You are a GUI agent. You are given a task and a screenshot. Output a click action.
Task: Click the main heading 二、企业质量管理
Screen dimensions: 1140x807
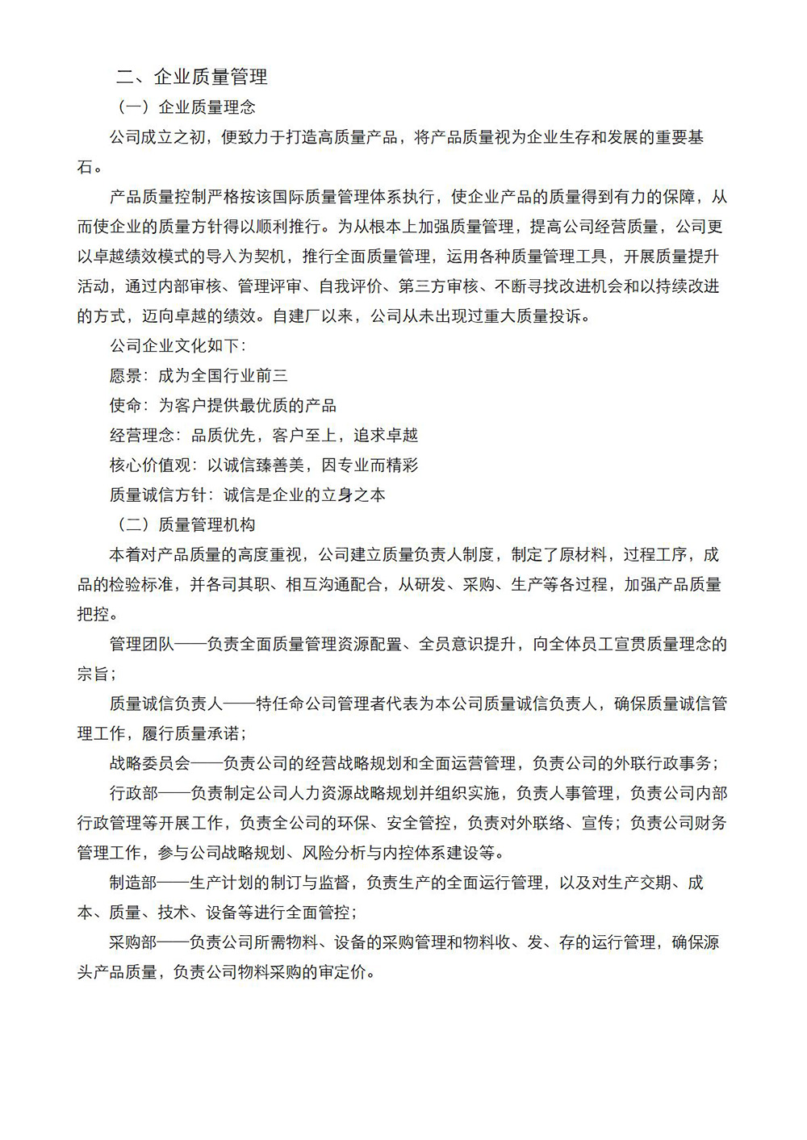192,77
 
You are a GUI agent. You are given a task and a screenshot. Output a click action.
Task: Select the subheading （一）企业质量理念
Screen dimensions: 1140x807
186,107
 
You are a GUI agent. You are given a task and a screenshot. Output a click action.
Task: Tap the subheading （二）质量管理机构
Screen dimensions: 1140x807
186,525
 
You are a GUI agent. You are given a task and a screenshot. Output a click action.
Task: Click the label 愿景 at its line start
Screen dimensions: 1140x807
125,376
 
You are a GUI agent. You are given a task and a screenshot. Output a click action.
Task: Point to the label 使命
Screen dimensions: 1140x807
125,406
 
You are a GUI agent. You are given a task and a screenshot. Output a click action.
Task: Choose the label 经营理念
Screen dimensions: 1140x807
141,436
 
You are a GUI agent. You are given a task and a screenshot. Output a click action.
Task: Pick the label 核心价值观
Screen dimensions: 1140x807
149,466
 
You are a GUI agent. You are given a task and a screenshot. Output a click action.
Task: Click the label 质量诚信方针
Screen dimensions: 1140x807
157,495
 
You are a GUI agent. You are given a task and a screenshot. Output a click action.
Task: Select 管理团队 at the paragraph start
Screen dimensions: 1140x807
141,645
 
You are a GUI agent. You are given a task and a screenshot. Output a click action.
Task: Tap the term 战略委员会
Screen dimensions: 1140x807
149,764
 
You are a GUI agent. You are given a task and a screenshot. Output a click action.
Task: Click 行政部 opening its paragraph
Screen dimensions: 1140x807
133,794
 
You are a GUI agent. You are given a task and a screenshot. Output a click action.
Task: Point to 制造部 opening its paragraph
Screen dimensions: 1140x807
133,883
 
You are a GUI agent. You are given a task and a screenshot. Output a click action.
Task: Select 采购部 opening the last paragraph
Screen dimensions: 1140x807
133,943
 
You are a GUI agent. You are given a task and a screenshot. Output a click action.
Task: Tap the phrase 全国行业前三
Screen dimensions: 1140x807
223,376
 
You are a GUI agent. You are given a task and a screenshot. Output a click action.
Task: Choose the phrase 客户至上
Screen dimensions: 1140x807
304,436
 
